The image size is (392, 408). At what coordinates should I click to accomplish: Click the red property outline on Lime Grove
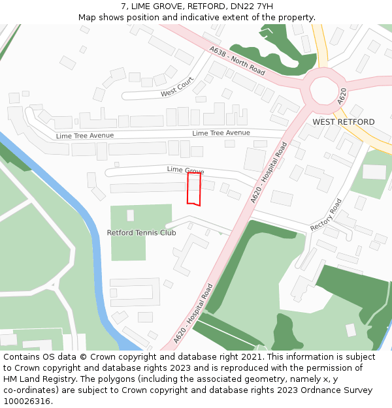click(x=194, y=189)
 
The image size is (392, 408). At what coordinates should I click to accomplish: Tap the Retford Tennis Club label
click(x=141, y=232)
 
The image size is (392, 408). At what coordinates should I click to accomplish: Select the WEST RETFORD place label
click(x=344, y=122)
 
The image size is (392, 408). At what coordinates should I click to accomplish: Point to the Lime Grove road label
click(x=186, y=170)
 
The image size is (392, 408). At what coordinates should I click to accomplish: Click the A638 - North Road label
click(x=237, y=60)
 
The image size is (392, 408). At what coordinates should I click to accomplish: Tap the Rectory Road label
click(x=327, y=215)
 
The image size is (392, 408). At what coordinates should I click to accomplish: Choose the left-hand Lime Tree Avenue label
click(x=85, y=136)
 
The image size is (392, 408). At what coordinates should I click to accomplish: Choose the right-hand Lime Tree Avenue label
click(x=221, y=133)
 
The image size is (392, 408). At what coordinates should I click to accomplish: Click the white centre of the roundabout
click(x=324, y=90)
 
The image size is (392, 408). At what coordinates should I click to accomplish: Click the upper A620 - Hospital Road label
click(x=269, y=172)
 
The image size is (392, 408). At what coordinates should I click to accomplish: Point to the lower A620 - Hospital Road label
click(x=194, y=314)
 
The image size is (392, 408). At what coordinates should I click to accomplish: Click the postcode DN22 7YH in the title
click(x=251, y=7)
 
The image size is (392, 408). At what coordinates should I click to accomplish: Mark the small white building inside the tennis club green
click(x=131, y=215)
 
